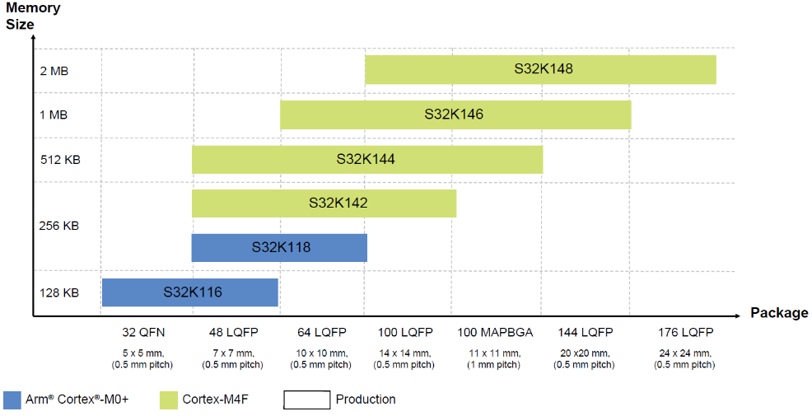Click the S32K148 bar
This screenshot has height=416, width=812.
coord(540,70)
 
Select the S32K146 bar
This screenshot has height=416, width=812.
coord(455,115)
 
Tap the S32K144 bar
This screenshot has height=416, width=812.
coord(367,160)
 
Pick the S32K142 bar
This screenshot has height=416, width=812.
coord(324,203)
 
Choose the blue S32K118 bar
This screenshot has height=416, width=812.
coord(279,247)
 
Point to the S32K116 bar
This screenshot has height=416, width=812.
coord(190,292)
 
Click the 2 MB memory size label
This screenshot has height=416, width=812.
coord(54,71)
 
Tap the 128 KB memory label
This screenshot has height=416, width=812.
coord(58,292)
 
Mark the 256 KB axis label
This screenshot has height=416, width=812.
coord(58,226)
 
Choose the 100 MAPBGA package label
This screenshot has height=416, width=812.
coord(495,333)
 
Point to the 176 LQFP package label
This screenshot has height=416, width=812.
coord(684,333)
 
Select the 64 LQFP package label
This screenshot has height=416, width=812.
coord(322,333)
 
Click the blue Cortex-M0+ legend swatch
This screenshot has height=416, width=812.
coord(12,400)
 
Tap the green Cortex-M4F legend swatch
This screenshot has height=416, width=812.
coord(169,400)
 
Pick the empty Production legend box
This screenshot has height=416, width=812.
coord(306,400)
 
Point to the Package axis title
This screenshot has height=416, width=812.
coord(779,313)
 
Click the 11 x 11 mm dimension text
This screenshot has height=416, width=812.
coord(495,353)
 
